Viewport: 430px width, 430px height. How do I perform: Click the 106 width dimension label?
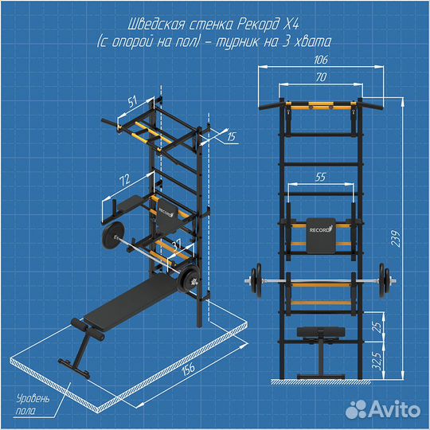pos(321,60)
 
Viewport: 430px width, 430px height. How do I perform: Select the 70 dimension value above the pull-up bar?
pos(321,77)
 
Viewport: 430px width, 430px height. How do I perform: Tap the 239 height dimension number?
pos(396,239)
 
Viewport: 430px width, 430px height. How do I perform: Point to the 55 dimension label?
pos(320,177)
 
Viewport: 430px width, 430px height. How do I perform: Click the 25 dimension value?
pos(377,327)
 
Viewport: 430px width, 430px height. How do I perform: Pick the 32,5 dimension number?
pos(377,361)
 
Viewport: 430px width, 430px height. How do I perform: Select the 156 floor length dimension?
pos(188,369)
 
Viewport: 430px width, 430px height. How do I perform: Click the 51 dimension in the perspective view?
pos(132,102)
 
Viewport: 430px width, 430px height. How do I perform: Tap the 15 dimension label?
pos(232,136)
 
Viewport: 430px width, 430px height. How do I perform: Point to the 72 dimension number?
pos(125,180)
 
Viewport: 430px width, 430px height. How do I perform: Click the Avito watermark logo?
pos(383,408)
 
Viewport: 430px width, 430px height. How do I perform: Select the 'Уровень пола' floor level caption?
pos(33,405)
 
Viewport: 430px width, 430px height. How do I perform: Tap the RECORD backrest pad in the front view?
pos(321,236)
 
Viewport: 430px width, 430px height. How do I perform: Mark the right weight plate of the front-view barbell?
pos(384,281)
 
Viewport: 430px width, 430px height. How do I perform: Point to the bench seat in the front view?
pos(321,332)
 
